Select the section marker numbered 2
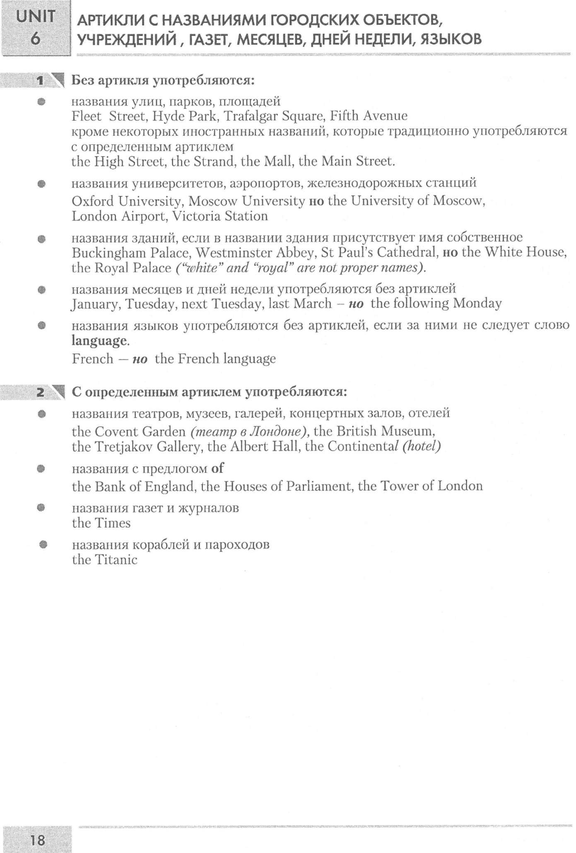point(41,392)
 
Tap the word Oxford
point(92,201)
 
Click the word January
point(95,304)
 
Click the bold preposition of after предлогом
point(217,468)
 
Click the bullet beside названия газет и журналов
point(41,508)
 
